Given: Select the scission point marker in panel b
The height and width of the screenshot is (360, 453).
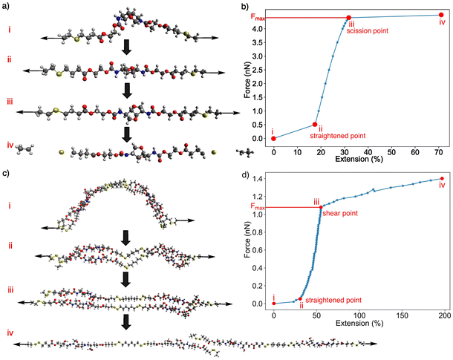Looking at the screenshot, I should coord(348,18).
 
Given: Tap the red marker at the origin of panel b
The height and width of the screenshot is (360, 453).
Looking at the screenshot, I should coord(273,138).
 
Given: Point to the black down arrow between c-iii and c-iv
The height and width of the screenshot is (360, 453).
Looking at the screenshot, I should coord(127,320).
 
